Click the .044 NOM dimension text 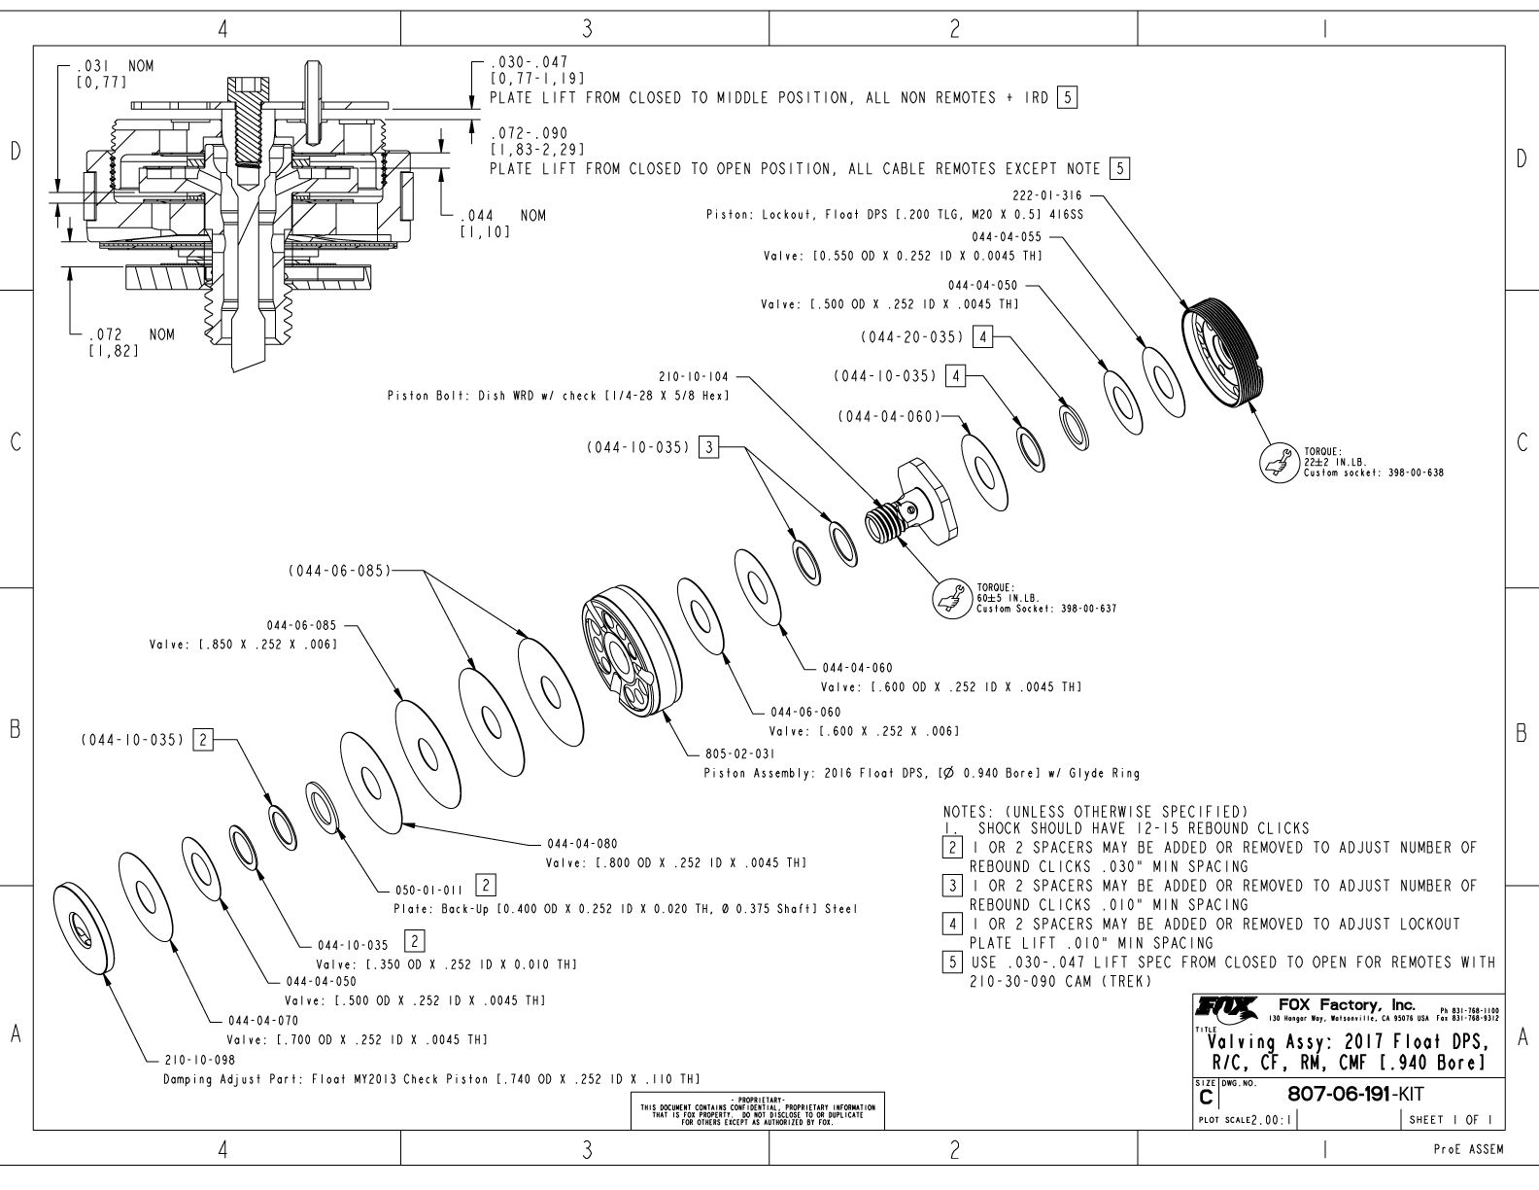point(501,216)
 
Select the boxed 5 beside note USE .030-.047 point(957,962)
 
